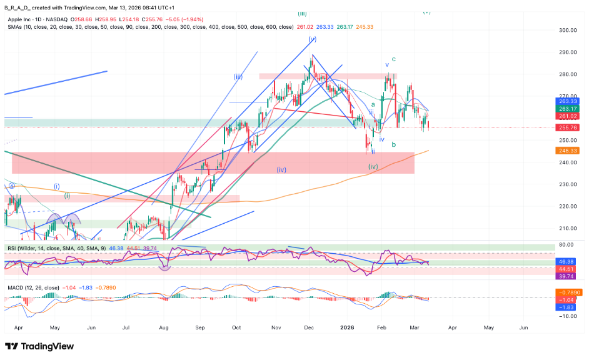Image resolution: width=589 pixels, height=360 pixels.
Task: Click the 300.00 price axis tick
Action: pyautogui.click(x=567, y=30)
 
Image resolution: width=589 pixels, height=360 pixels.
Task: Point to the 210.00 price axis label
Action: pyautogui.click(x=567, y=228)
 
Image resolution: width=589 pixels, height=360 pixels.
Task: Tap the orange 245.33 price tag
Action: pyautogui.click(x=568, y=151)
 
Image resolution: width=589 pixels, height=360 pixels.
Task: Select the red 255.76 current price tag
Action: pyautogui.click(x=568, y=127)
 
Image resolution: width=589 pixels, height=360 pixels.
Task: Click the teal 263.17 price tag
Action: pyautogui.click(x=568, y=108)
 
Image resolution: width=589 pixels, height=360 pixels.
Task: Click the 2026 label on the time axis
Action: pyautogui.click(x=348, y=327)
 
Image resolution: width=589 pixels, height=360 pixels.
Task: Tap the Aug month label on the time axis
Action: pyautogui.click(x=164, y=327)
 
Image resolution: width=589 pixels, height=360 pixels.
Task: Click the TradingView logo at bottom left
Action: pyautogui.click(x=39, y=346)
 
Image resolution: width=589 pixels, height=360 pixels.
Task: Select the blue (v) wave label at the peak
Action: pyautogui.click(x=312, y=39)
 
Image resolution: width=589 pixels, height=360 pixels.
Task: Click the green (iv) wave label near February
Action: pyautogui.click(x=373, y=166)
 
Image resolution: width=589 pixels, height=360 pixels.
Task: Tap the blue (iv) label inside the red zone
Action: pyautogui.click(x=282, y=169)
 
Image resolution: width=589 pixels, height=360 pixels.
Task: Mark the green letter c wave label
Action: pyautogui.click(x=394, y=59)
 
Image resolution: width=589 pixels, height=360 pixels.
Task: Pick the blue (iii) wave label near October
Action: pyautogui.click(x=238, y=77)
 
